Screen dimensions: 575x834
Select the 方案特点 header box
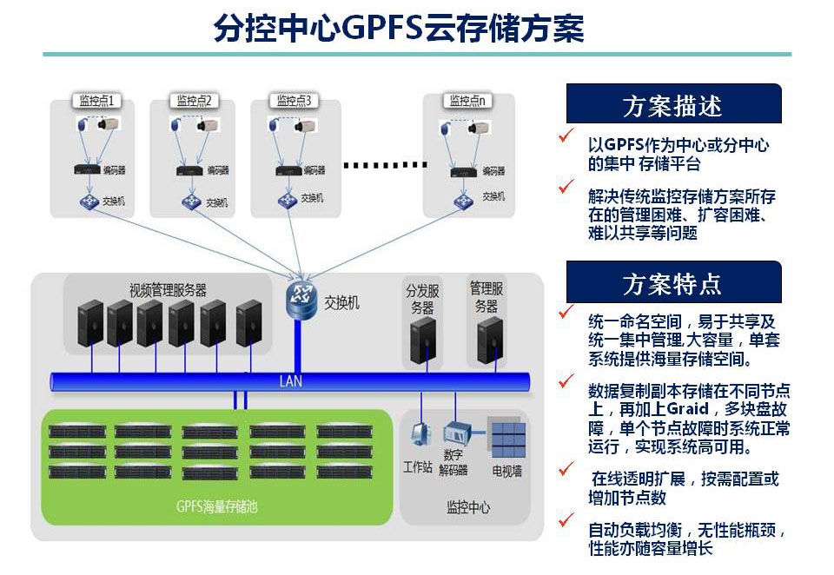pyautogui.click(x=673, y=282)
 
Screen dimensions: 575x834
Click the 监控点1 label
pyautogui.click(x=96, y=101)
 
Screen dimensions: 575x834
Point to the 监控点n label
pyautogui.click(x=467, y=101)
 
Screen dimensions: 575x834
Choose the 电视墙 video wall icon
pyautogui.click(x=506, y=440)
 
